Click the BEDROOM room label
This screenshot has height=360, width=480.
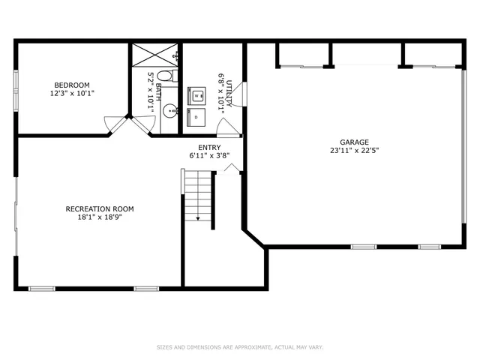(72, 85)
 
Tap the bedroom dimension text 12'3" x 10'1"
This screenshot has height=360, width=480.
(72, 93)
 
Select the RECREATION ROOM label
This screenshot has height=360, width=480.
(100, 208)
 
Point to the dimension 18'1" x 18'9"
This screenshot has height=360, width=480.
(100, 217)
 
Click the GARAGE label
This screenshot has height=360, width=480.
(353, 142)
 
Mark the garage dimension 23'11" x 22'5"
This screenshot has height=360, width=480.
(353, 150)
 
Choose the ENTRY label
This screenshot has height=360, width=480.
(209, 148)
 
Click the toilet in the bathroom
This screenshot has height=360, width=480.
(166, 76)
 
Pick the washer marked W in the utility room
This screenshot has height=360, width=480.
(196, 96)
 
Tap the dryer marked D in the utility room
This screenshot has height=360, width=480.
(196, 117)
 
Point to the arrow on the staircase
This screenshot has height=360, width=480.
(198, 217)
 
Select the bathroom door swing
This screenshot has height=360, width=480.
(141, 125)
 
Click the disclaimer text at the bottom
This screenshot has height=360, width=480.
(239, 347)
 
